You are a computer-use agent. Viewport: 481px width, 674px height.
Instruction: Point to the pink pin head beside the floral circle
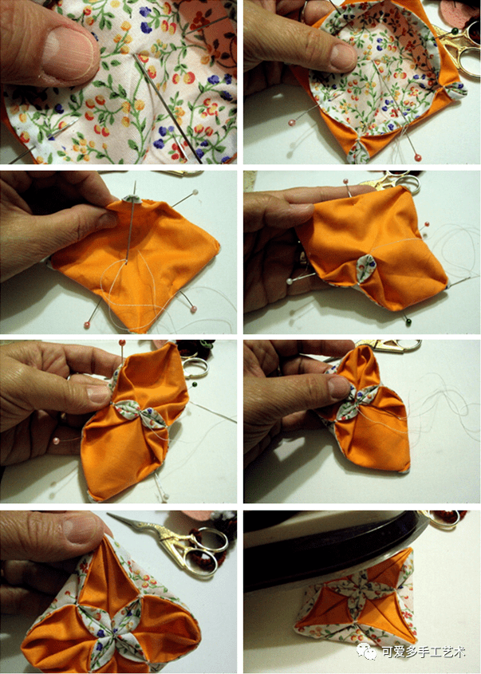point(293,122)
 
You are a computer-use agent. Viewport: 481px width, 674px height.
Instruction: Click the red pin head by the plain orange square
point(86,325)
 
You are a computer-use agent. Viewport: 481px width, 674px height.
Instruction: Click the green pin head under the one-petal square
point(408,321)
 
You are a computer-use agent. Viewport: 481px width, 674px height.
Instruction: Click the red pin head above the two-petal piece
point(122,343)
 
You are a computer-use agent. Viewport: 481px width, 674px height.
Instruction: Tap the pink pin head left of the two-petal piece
point(57,440)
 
